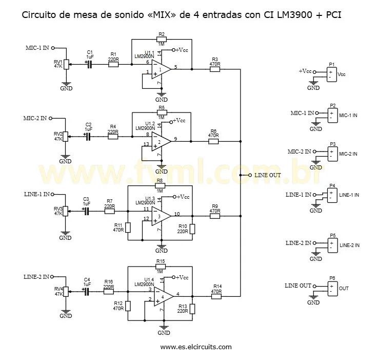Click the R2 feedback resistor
(162, 39)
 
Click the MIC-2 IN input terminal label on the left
(35, 118)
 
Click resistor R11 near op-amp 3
(128, 227)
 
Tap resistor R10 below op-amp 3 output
(192, 229)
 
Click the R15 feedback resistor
(161, 267)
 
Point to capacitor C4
(87, 291)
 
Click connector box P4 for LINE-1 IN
(332, 195)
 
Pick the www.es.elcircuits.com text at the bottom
(195, 347)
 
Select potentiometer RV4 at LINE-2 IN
(66, 296)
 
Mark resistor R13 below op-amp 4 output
(192, 309)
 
